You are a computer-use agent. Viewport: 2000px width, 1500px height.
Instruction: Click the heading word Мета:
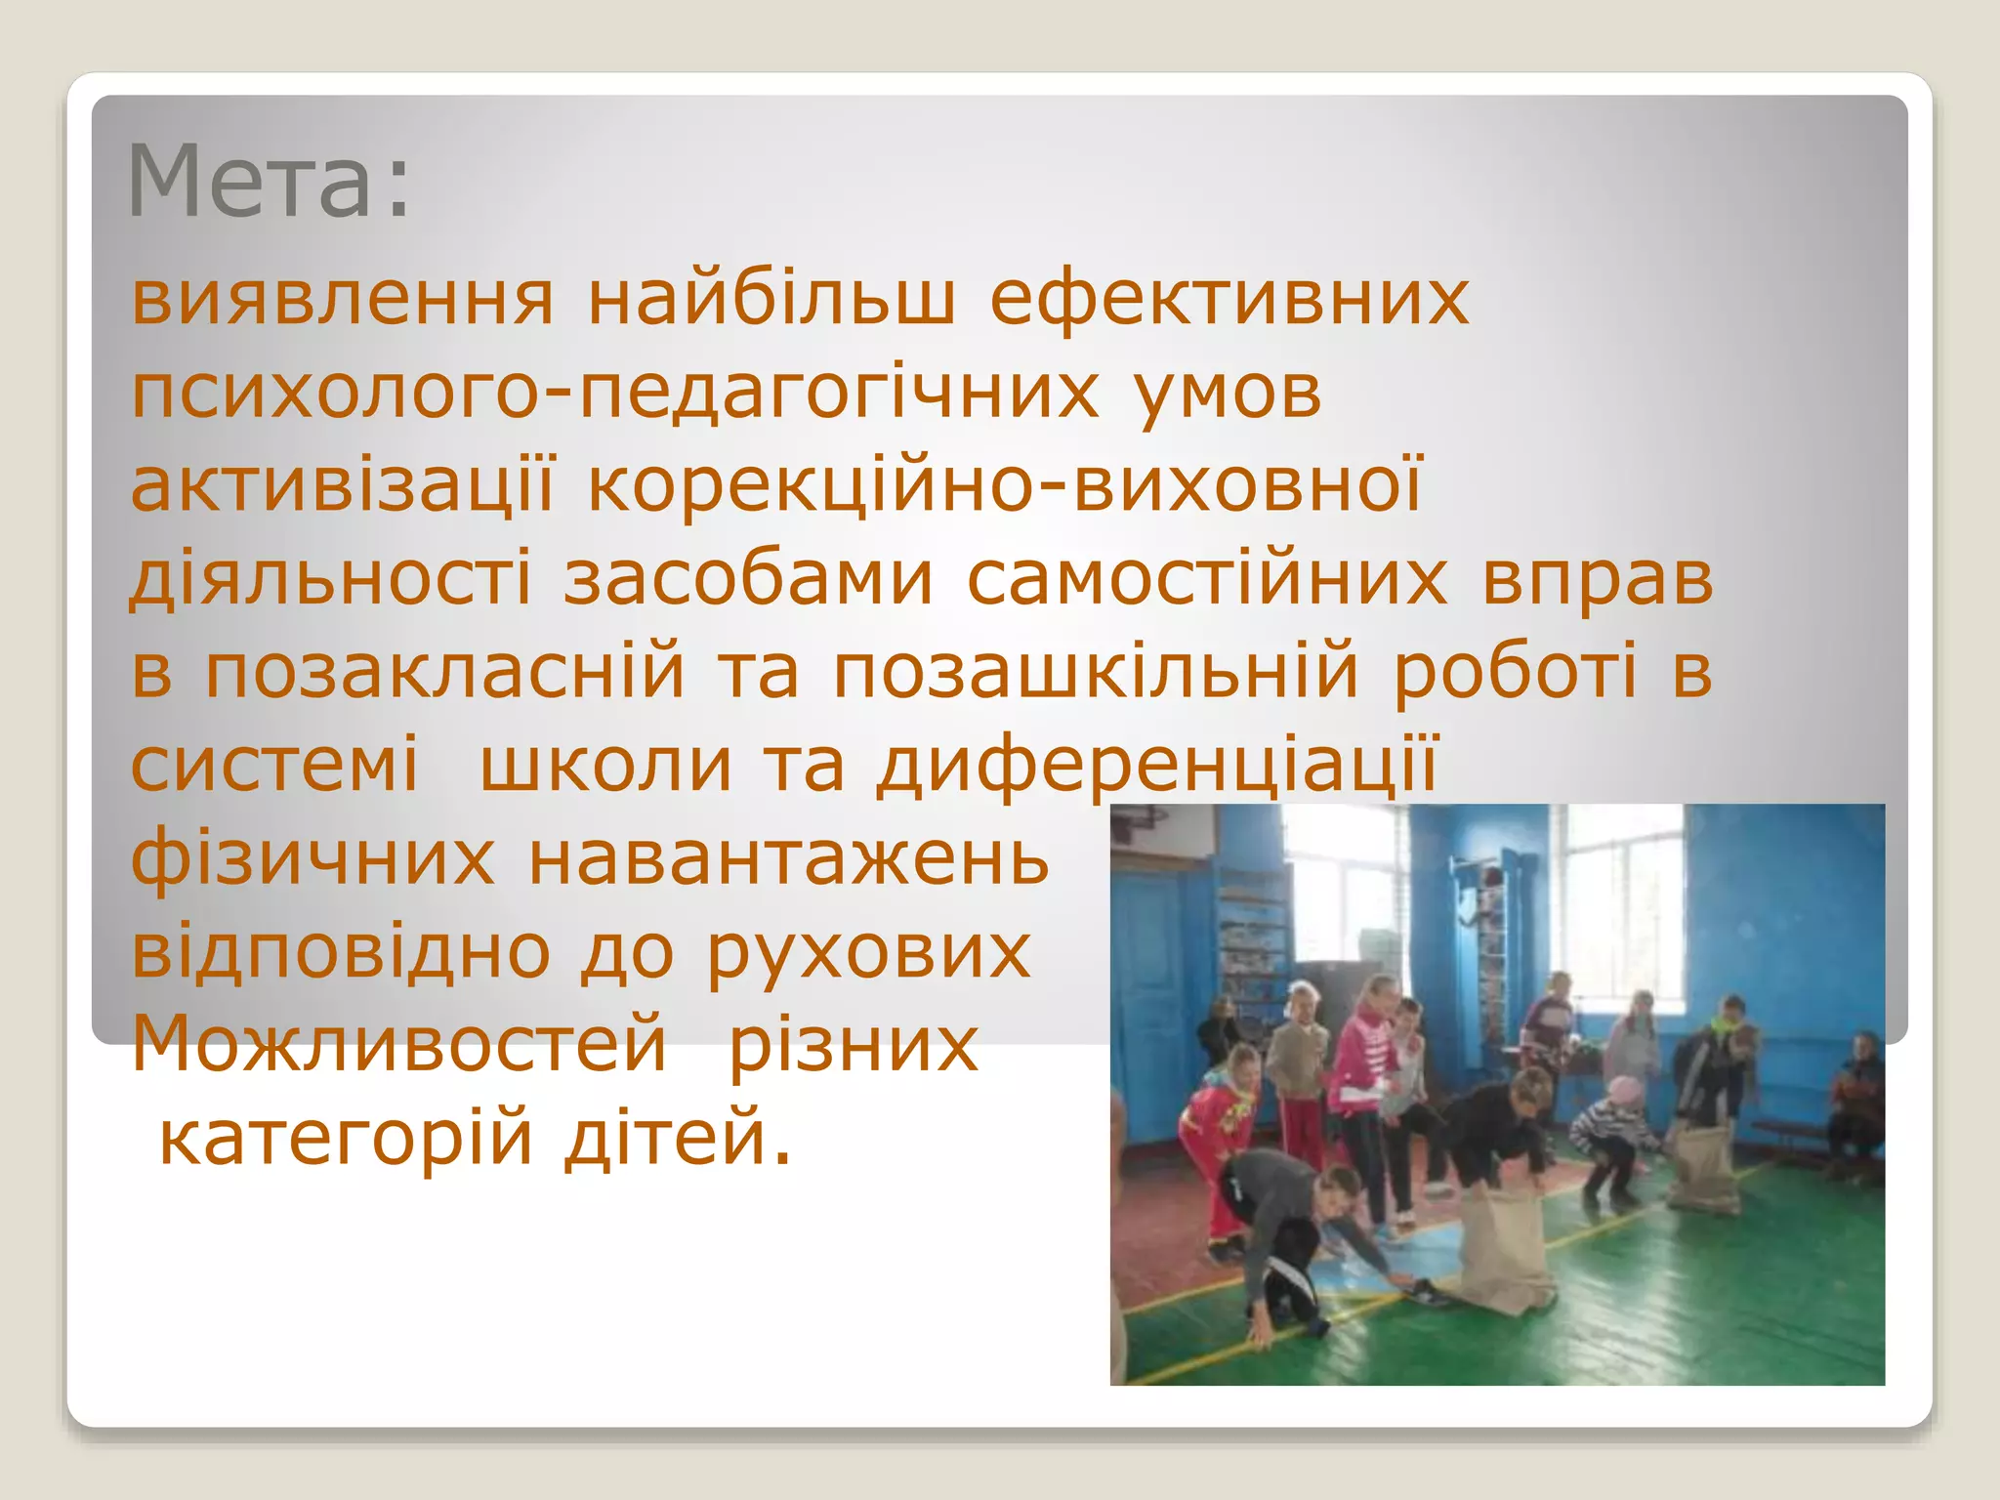click(x=269, y=183)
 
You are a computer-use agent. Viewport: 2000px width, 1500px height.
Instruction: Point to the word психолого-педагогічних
click(x=615, y=394)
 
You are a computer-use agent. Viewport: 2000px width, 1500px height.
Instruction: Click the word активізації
click(x=342, y=485)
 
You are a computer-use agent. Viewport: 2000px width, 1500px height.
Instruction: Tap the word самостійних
click(x=1207, y=578)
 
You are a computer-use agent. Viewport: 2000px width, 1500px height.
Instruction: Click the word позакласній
click(x=445, y=672)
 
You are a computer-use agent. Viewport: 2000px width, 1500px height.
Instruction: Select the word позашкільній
click(x=1095, y=672)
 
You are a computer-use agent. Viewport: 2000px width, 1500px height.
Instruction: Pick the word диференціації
click(x=1156, y=765)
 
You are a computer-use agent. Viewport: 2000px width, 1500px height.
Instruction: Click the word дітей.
click(x=676, y=1137)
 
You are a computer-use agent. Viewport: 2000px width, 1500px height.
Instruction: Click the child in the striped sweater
click(x=1611, y=1133)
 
